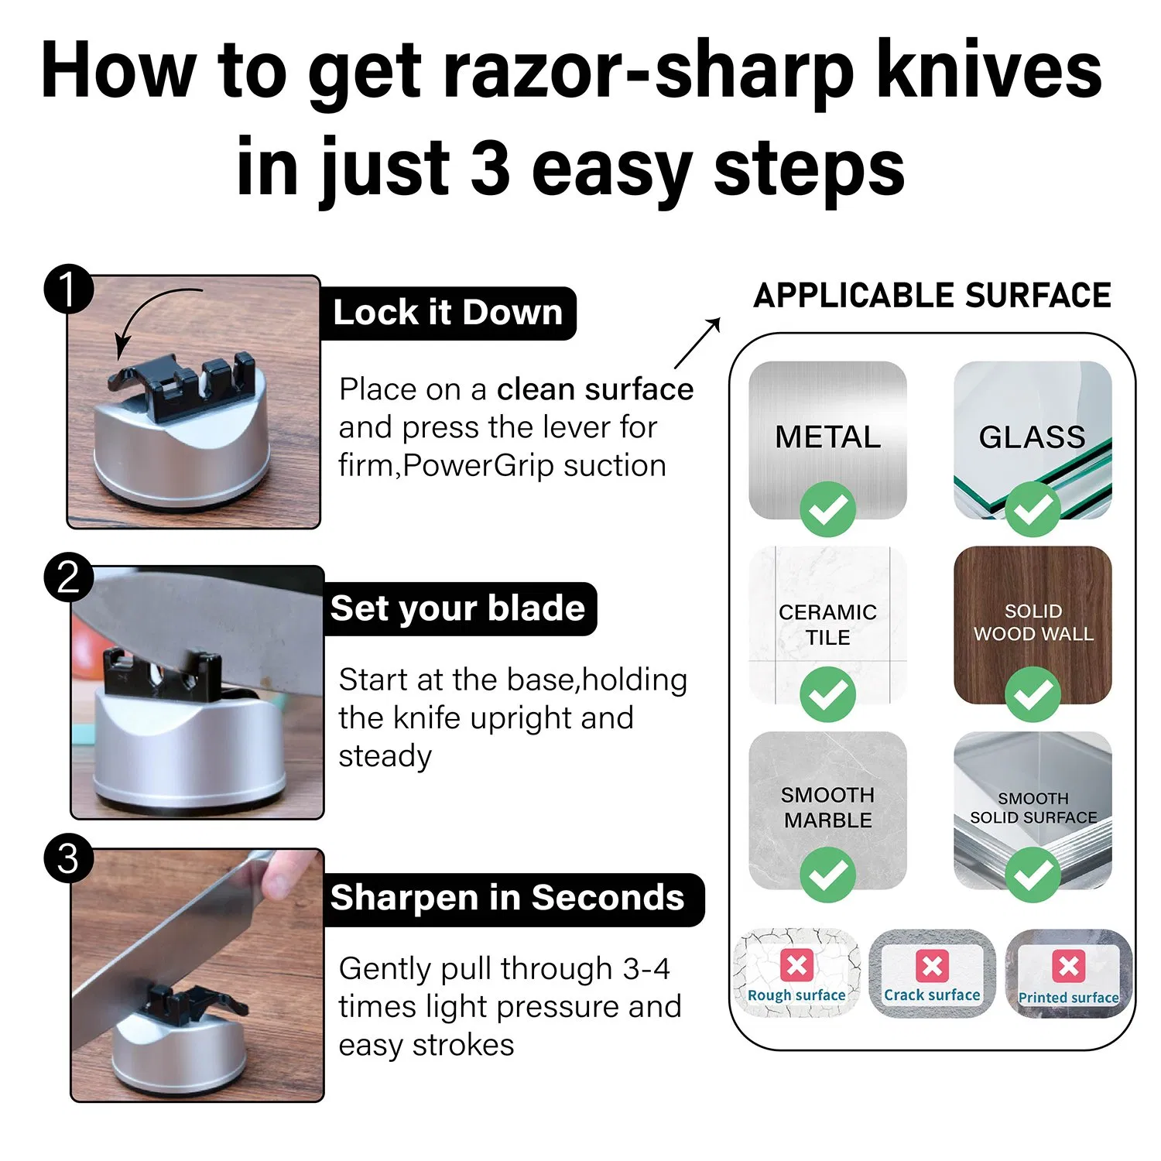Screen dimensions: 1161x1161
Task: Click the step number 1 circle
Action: point(68,289)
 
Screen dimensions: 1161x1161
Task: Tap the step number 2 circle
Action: point(68,577)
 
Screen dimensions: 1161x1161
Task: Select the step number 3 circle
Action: point(68,859)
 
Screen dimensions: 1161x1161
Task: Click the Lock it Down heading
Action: point(447,313)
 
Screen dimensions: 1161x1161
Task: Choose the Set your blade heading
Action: point(457,608)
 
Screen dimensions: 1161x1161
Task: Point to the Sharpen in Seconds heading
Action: point(507,898)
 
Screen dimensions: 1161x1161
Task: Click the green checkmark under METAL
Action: point(827,509)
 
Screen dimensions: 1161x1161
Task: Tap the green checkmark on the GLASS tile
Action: point(1033,509)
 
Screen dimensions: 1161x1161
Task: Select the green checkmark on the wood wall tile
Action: point(1033,694)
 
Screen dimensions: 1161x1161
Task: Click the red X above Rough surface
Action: point(796,965)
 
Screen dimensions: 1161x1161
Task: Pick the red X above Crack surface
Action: point(932,965)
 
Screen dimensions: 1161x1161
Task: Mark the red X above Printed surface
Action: point(1068,966)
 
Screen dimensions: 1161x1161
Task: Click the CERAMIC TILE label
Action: point(827,625)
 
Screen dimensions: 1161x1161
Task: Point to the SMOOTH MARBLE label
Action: point(827,807)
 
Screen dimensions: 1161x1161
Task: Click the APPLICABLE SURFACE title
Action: point(932,296)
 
